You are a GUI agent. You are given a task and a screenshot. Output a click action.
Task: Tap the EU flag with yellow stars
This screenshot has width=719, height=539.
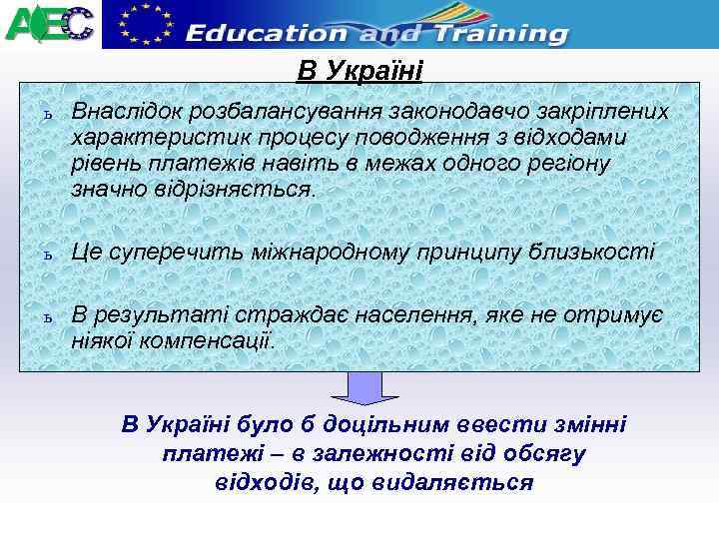point(143,23)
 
